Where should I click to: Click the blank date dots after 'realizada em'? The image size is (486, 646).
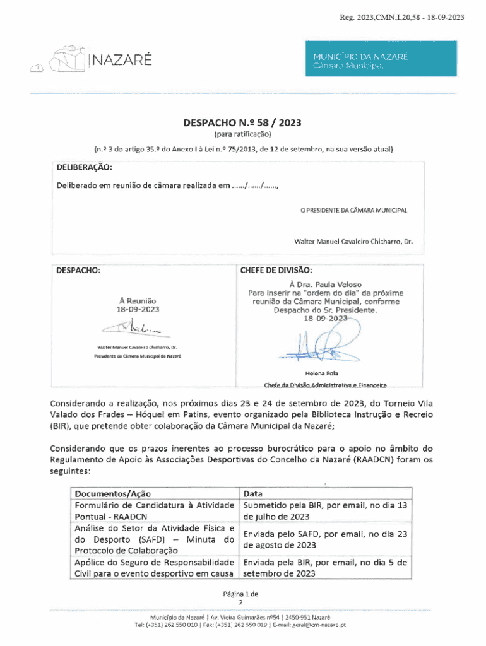pyautogui.click(x=255, y=186)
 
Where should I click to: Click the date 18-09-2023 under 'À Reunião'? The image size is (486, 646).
pyautogui.click(x=137, y=310)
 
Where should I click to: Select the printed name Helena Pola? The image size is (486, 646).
pyautogui.click(x=325, y=373)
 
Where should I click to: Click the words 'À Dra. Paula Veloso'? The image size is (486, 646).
pyautogui.click(x=325, y=285)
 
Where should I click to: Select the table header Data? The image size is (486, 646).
pyautogui.click(x=252, y=493)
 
